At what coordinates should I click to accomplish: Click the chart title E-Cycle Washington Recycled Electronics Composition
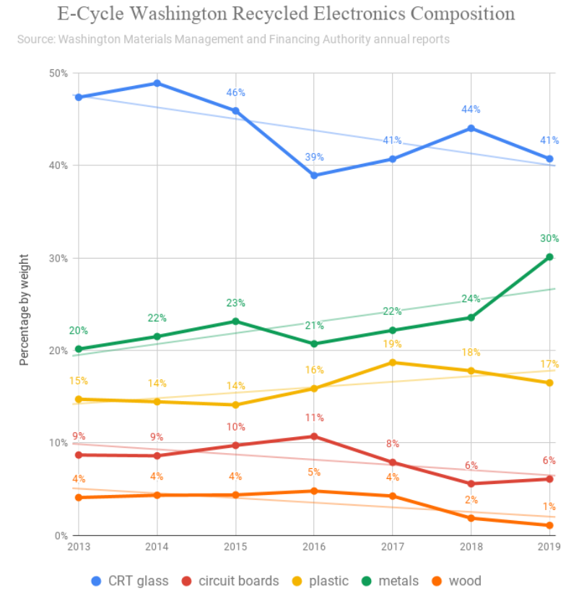pos(286,14)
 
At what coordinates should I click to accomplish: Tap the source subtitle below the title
pos(233,39)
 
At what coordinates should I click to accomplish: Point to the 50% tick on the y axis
pos(58,73)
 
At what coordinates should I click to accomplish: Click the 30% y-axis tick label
pos(58,258)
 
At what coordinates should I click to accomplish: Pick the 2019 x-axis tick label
pos(550,546)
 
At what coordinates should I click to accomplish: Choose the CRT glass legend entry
pos(130,581)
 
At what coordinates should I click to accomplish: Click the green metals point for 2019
pos(549,256)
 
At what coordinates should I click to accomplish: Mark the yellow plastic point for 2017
pos(393,362)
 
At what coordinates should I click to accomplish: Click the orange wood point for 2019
pos(549,525)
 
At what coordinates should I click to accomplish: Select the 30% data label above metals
pos(549,238)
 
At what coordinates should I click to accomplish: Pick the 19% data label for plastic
pos(393,344)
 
